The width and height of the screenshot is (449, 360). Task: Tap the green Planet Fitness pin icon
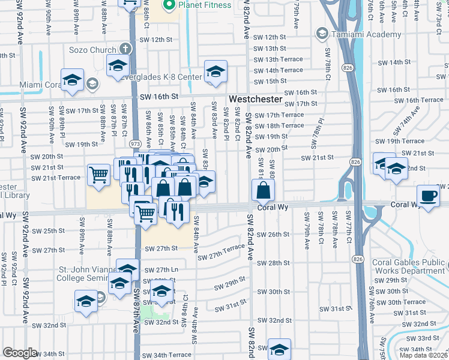click(169, 5)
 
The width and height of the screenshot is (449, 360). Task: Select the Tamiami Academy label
click(357, 33)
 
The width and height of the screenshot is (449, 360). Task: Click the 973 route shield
click(135, 144)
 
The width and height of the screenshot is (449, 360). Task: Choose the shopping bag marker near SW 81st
click(263, 192)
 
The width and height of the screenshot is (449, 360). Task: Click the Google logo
click(20, 352)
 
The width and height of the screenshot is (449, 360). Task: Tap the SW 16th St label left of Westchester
click(160, 96)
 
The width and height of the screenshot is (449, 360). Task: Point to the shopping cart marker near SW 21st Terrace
click(98, 175)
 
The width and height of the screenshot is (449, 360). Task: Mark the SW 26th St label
click(273, 234)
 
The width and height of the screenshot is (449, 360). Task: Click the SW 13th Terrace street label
click(279, 59)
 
